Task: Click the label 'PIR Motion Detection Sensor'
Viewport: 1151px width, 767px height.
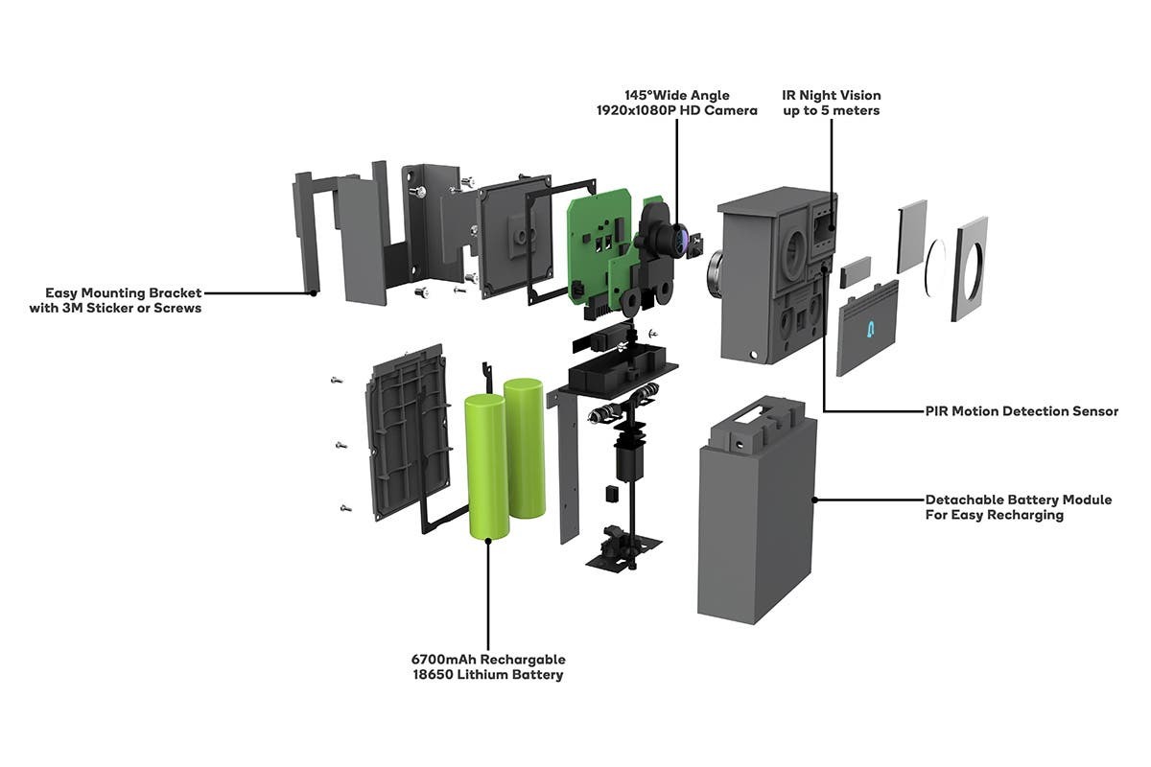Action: (x=1022, y=411)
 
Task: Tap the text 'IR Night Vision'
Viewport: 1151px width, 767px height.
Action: (x=832, y=96)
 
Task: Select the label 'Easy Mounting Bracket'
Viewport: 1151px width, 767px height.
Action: (x=124, y=292)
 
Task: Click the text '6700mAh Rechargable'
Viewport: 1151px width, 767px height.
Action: (x=488, y=659)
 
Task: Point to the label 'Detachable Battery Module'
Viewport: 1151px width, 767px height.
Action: (x=1019, y=500)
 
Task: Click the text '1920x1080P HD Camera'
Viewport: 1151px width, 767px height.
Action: (x=677, y=110)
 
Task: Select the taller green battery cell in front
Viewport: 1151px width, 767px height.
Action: (x=486, y=467)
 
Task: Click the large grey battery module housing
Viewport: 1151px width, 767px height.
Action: (x=757, y=511)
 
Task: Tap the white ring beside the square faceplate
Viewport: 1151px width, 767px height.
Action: (x=936, y=267)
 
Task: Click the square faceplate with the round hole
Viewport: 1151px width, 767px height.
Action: (x=970, y=268)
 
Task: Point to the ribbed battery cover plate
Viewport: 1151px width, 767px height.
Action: (x=407, y=432)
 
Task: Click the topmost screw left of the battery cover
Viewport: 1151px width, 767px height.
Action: (x=337, y=381)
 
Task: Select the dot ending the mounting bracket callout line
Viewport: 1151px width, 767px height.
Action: (x=313, y=293)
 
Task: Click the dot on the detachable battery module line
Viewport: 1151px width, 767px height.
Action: (x=814, y=500)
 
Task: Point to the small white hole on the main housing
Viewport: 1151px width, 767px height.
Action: (x=754, y=355)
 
